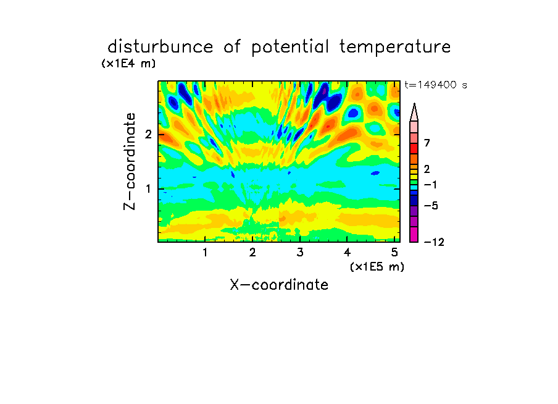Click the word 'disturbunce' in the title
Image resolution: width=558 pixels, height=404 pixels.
coord(160,47)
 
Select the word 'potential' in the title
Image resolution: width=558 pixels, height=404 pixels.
coord(289,48)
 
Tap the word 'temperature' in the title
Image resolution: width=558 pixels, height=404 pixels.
coord(394,48)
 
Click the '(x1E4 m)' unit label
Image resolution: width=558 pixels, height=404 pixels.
coord(128,64)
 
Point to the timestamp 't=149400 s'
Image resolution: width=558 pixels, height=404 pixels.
coord(436,85)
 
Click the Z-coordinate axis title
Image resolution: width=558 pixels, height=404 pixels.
coord(130,161)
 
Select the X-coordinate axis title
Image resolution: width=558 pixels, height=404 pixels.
coord(279,285)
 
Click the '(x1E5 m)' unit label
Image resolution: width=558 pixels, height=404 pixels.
coord(377,267)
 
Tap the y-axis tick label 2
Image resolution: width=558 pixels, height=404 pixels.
coord(148,135)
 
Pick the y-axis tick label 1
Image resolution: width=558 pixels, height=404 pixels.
coord(148,189)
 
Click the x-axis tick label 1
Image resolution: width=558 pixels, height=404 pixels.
coord(205,252)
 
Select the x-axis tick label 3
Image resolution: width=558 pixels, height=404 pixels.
coord(300,252)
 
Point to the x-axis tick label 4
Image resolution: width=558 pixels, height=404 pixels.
coord(348,252)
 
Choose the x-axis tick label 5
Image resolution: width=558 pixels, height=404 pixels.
coord(394,252)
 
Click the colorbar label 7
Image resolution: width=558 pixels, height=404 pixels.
coord(427,143)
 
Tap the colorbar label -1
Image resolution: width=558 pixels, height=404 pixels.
coord(431,185)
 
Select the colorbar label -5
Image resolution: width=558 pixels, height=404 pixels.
coord(431,206)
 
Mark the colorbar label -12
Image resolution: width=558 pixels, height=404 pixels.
coord(434,242)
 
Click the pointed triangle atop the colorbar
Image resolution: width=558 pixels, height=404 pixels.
coord(414,113)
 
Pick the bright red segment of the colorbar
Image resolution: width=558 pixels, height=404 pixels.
coord(414,148)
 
